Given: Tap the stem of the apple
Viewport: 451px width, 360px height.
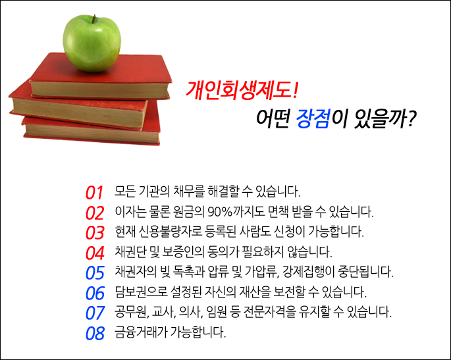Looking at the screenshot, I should (93, 18).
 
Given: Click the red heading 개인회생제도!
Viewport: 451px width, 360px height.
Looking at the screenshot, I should (244, 88).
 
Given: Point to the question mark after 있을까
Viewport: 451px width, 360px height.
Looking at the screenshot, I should (410, 120).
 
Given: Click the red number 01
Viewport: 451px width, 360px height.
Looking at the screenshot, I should (95, 193).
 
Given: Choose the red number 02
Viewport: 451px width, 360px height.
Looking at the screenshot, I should (95, 213).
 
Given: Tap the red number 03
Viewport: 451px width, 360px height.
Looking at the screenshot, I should (95, 232).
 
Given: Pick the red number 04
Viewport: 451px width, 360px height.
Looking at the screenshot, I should (95, 252).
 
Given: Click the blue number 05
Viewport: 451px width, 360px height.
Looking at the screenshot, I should (95, 272).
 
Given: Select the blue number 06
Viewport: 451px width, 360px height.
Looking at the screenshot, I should (95, 292).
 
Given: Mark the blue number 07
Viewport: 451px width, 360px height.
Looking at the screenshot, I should (95, 311).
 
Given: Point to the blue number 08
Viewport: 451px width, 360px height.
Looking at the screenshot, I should (95, 332).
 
